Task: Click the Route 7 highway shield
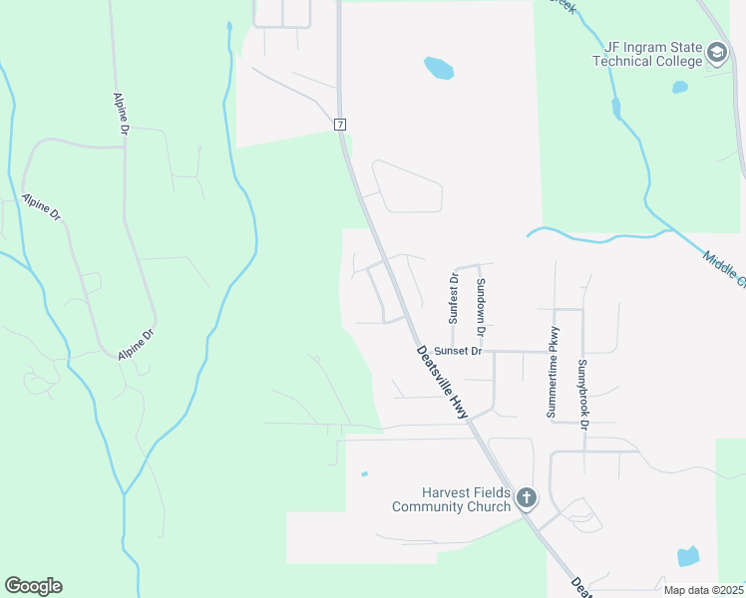coord(340,124)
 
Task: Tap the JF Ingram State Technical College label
coord(647,54)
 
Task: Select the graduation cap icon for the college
coord(716,53)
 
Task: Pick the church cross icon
coord(527,497)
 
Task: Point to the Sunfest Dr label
coord(453,296)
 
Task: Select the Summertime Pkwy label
coord(553,372)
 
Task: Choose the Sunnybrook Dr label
coord(583,394)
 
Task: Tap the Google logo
coord(33,586)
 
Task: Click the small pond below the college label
coord(680,87)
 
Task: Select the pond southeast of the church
coord(688,556)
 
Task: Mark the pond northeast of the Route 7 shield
coord(439,69)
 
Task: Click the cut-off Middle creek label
coord(724,269)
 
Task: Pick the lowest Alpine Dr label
coord(136,345)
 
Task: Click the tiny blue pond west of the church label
coord(364,473)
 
